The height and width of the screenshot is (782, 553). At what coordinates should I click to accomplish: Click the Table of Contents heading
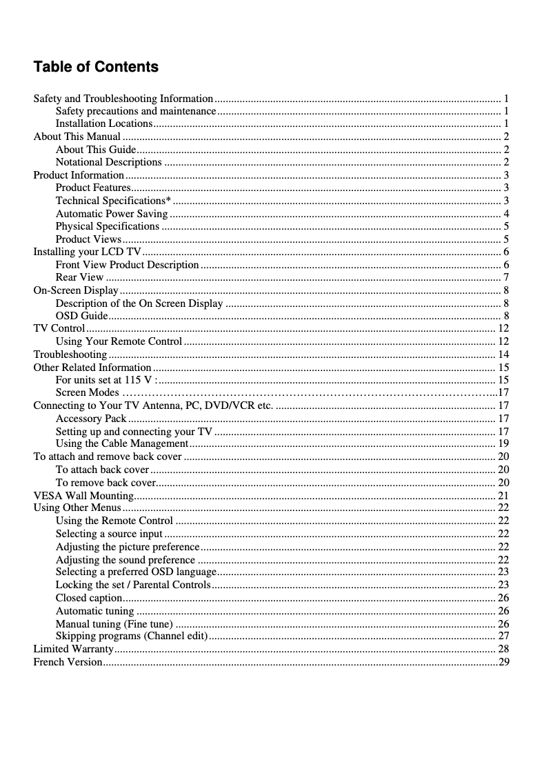(x=96, y=67)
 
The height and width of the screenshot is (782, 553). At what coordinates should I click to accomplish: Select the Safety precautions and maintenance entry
(x=135, y=111)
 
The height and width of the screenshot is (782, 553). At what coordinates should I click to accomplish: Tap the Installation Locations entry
(x=103, y=123)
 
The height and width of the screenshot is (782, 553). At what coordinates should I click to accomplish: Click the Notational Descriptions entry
(x=108, y=162)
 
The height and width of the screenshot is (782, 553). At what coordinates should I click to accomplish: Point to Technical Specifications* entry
(x=113, y=201)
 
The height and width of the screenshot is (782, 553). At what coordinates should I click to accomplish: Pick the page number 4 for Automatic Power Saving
(x=506, y=214)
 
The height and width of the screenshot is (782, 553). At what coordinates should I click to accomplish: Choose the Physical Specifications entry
(x=107, y=226)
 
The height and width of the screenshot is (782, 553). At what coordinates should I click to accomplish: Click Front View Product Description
(x=127, y=265)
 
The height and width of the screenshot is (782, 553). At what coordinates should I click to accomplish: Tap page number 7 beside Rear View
(x=506, y=277)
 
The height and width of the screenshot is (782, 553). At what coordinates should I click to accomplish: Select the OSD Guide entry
(x=81, y=316)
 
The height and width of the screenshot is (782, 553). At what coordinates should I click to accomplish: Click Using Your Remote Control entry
(x=119, y=341)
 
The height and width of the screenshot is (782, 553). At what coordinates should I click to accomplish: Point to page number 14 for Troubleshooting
(x=503, y=354)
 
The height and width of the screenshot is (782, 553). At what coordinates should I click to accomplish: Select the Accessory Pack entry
(x=91, y=418)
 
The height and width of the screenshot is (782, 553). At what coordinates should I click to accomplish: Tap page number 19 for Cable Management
(x=503, y=443)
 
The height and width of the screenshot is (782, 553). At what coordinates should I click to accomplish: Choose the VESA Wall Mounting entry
(x=83, y=495)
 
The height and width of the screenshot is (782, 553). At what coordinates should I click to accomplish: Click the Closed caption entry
(x=89, y=597)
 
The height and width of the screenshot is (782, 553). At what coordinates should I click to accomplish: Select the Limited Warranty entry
(x=73, y=649)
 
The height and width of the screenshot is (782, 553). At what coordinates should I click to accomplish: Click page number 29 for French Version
(x=504, y=662)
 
